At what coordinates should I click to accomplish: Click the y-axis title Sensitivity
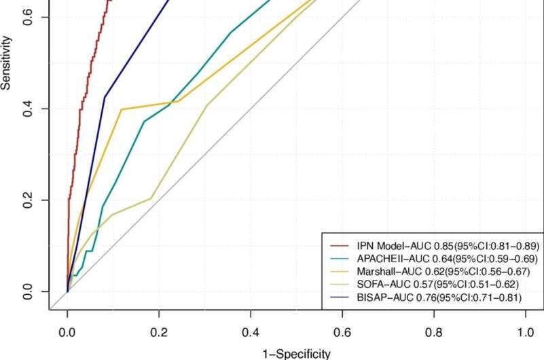click(6, 65)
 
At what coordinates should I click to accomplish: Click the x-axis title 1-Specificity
click(296, 353)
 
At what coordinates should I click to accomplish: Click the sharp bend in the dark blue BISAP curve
click(105, 97)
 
